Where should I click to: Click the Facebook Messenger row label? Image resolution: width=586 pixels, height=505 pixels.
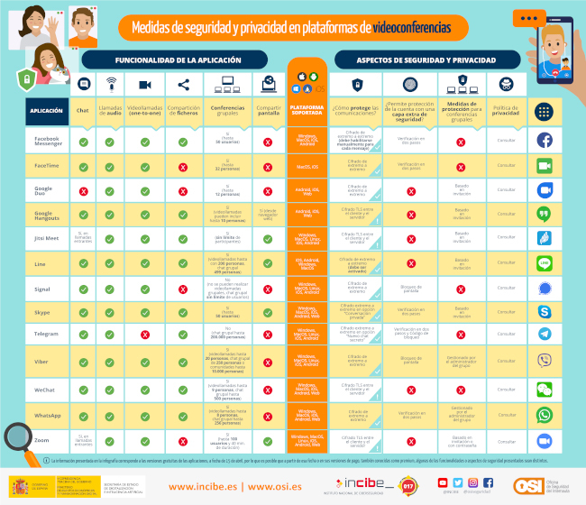coord(47,142)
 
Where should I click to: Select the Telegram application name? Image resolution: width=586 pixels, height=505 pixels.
coord(47,334)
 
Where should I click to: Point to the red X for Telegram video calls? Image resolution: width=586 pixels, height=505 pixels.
coord(144,334)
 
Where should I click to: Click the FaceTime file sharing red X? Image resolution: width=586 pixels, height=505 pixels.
coord(183,167)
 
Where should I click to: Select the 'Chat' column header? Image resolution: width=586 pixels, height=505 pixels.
coord(83,111)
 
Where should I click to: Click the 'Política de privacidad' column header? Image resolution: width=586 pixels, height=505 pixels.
coord(506,111)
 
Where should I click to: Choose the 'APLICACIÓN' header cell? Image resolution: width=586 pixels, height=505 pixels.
coord(47,111)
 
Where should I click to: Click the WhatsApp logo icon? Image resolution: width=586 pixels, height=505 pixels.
coord(544,415)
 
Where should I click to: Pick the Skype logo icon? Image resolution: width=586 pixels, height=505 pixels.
coord(544,311)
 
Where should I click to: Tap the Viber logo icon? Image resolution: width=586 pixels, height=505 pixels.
coord(544,361)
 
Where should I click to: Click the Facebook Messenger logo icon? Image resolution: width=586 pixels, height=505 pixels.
coord(544,141)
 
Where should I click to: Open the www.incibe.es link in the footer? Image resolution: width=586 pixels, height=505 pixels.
coord(191,487)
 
